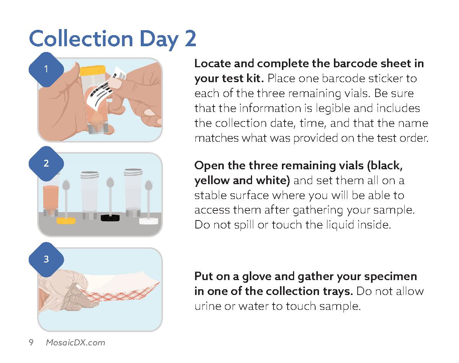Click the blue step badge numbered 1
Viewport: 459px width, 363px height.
pyautogui.click(x=46, y=70)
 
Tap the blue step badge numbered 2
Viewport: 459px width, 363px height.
pyautogui.click(x=46, y=164)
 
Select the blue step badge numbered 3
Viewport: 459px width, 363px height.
pyautogui.click(x=46, y=259)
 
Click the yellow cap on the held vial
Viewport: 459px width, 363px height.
pyautogui.click(x=92, y=71)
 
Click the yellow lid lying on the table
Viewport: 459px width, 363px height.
pyautogui.click(x=66, y=220)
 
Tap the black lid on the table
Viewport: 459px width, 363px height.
pyautogui.click(x=110, y=218)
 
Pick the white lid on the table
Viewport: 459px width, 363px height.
pyautogui.click(x=149, y=221)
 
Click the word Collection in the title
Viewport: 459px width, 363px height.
pyautogui.click(x=81, y=39)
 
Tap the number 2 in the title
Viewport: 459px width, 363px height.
pyautogui.click(x=190, y=39)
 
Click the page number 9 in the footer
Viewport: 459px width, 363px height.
pyautogui.click(x=31, y=342)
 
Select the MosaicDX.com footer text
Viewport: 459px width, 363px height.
pyautogui.click(x=75, y=342)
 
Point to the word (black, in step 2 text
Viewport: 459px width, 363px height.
pyautogui.click(x=384, y=165)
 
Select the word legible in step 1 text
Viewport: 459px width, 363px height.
pyautogui.click(x=333, y=108)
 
